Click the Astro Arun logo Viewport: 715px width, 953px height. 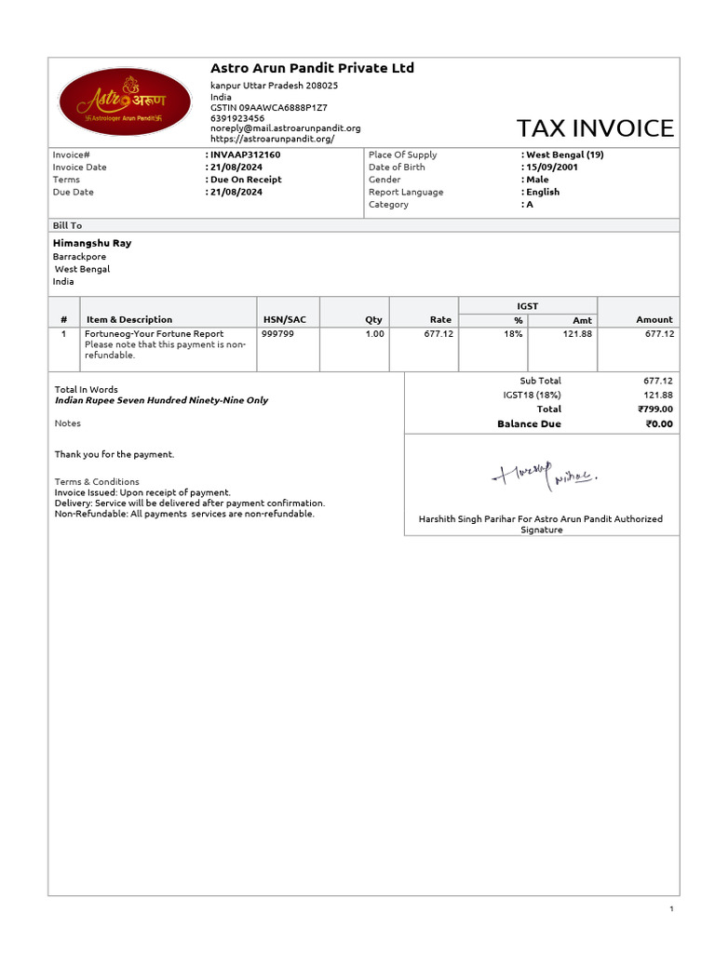pyautogui.click(x=125, y=101)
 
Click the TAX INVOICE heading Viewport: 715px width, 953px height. pyautogui.click(x=595, y=128)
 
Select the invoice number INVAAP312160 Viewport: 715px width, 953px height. pyautogui.click(x=245, y=154)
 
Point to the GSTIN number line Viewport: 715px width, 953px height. pyautogui.click(x=269, y=108)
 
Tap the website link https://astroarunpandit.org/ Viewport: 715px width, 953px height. pyautogui.click(x=272, y=139)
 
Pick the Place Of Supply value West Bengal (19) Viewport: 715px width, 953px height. pyautogui.click(x=565, y=154)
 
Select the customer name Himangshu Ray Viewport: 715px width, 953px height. pyautogui.click(x=92, y=243)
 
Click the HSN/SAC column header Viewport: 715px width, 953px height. pyautogui.click(x=284, y=319)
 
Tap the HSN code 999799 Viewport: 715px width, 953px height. pyautogui.click(x=277, y=333)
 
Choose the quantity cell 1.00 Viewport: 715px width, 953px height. pyautogui.click(x=374, y=333)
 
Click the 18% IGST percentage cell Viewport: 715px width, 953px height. pyautogui.click(x=513, y=333)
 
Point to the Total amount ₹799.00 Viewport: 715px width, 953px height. pyautogui.click(x=655, y=409)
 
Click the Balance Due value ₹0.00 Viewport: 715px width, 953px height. pyautogui.click(x=659, y=424)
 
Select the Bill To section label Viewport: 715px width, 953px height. pyautogui.click(x=67, y=225)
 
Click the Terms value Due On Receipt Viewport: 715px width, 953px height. pyautogui.click(x=246, y=180)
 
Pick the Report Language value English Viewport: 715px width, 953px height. pyautogui.click(x=543, y=192)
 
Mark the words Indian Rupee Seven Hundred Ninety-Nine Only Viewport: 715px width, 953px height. pyautogui.click(x=161, y=400)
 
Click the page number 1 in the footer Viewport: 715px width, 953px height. pyautogui.click(x=670, y=908)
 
